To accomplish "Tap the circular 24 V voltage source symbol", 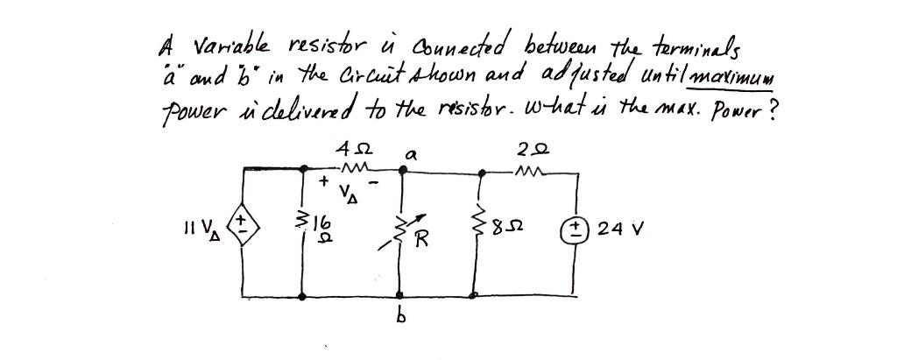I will click(x=577, y=232).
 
